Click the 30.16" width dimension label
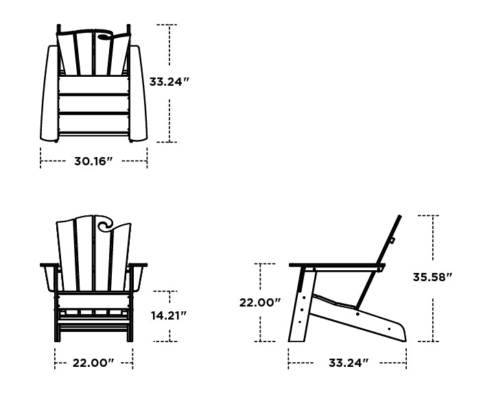[x=93, y=162]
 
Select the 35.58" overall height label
[x=432, y=278]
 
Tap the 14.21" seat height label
[x=169, y=315]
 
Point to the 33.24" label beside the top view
[x=169, y=82]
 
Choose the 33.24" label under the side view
[x=348, y=363]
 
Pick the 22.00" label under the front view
[x=93, y=363]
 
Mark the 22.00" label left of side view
[x=260, y=302]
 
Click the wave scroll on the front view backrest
[x=107, y=224]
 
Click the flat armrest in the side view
[x=336, y=265]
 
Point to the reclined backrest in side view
[x=388, y=241]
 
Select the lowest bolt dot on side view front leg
[x=301, y=320]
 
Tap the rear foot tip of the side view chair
[x=403, y=335]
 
